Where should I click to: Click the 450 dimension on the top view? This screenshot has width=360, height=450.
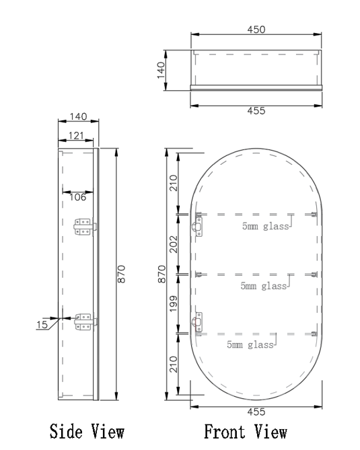(x=256, y=29)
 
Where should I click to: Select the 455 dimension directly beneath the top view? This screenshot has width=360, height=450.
(x=256, y=111)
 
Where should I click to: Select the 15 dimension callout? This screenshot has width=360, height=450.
(x=42, y=325)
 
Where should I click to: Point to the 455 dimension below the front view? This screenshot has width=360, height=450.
(x=256, y=412)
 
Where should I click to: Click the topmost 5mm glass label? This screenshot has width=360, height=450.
(x=266, y=227)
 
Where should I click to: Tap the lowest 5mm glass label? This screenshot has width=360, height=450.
(x=250, y=345)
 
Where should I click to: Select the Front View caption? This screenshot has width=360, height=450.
(x=246, y=431)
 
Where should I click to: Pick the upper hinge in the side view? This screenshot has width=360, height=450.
(x=84, y=227)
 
